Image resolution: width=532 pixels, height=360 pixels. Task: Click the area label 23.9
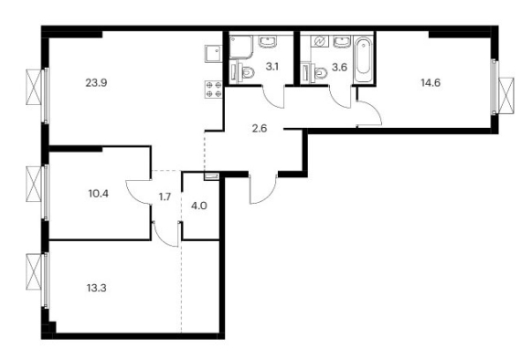click(x=96, y=82)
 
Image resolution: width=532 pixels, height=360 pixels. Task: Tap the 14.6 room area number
click(x=431, y=82)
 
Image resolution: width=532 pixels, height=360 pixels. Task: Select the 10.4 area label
click(x=99, y=194)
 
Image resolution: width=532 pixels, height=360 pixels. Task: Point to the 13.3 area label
click(x=97, y=288)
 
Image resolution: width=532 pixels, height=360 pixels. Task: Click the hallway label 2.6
click(x=260, y=128)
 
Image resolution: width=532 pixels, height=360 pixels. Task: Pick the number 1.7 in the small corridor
click(x=165, y=196)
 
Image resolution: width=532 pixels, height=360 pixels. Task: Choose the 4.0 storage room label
click(x=199, y=206)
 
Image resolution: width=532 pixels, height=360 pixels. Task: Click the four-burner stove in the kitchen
click(x=213, y=90)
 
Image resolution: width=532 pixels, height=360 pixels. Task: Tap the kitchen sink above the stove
click(x=213, y=54)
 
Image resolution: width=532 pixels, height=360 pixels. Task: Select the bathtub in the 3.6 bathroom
click(x=363, y=59)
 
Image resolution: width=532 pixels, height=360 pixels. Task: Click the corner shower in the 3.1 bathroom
click(x=241, y=47)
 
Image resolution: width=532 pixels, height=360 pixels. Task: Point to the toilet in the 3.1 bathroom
click(x=244, y=71)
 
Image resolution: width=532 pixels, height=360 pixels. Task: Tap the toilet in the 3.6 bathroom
click(x=315, y=72)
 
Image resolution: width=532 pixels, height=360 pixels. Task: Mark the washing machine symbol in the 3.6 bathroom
click(x=320, y=41)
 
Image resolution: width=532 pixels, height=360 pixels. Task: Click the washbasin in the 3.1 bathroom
click(x=268, y=41)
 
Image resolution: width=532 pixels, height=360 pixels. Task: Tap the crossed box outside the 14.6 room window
click(x=505, y=96)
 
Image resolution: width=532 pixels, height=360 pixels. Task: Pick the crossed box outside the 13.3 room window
click(x=34, y=272)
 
